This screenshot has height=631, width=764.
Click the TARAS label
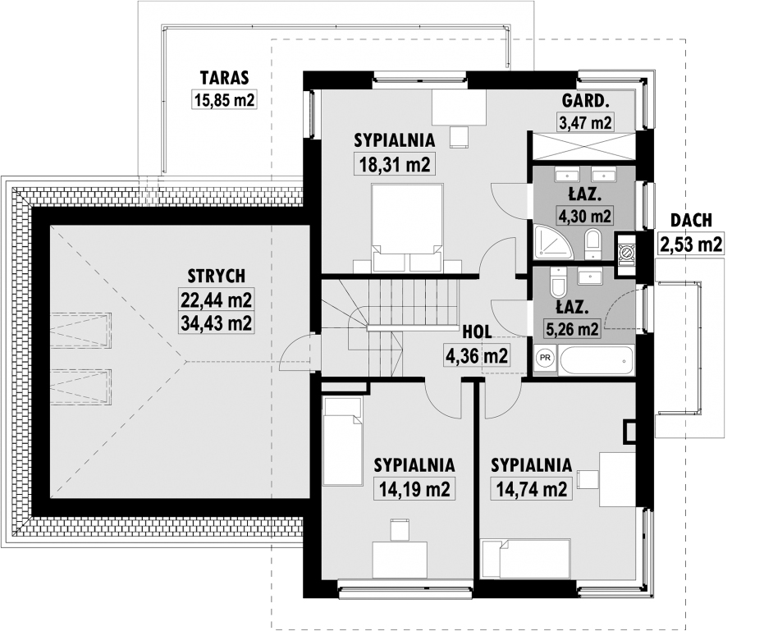click(x=224, y=77)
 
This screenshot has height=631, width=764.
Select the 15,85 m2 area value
click(x=224, y=100)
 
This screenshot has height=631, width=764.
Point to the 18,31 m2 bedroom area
click(x=395, y=164)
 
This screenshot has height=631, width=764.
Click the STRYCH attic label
click(x=217, y=276)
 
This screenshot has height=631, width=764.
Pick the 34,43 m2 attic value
click(x=217, y=322)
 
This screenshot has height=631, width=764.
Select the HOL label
click(x=477, y=332)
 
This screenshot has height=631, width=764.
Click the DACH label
click(x=691, y=220)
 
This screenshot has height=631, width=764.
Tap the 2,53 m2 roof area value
click(x=691, y=243)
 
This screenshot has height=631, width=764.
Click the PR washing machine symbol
click(x=546, y=358)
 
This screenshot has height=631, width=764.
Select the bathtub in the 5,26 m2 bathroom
click(x=597, y=360)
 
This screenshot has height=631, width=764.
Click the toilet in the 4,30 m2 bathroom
click(x=593, y=245)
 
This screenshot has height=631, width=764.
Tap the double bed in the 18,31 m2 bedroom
click(x=407, y=227)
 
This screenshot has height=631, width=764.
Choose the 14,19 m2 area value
click(x=414, y=489)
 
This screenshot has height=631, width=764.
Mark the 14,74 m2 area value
click(x=532, y=489)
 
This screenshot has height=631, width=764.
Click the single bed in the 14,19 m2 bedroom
click(x=342, y=440)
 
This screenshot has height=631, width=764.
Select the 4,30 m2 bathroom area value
click(x=584, y=215)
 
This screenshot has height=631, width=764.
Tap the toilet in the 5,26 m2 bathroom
click(x=557, y=282)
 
